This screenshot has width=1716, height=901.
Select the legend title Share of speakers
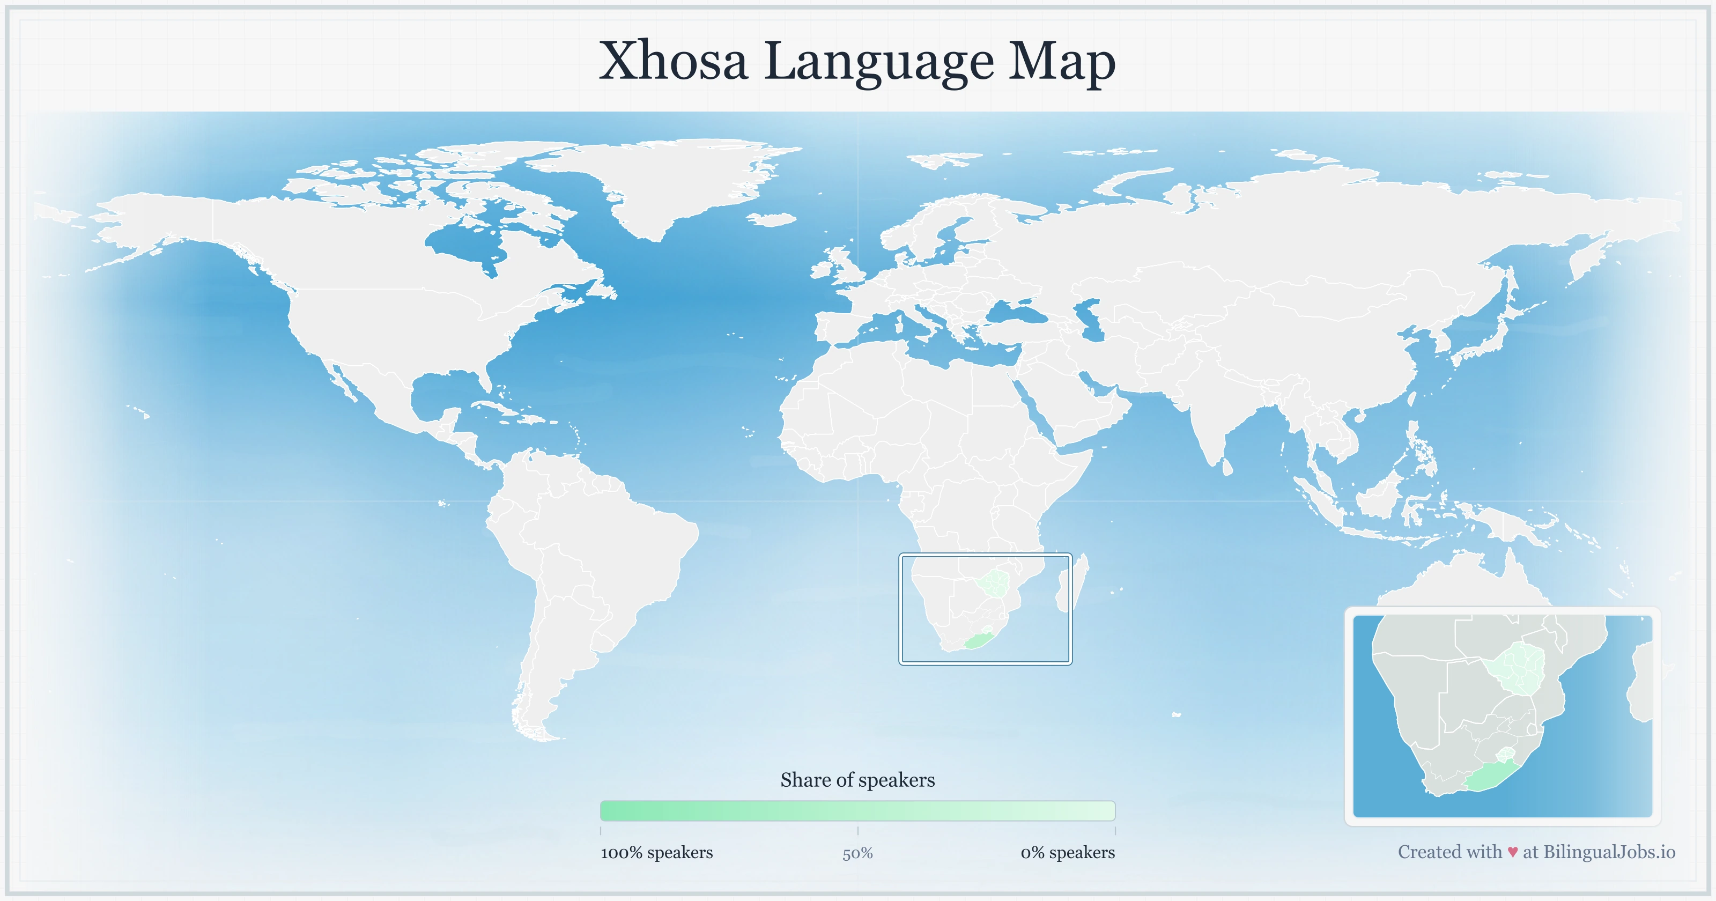(857, 780)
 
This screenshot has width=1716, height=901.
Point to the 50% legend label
(857, 853)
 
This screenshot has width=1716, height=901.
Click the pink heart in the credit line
(1512, 852)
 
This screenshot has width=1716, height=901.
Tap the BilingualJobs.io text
(1609, 852)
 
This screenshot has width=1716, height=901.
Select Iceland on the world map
(772, 219)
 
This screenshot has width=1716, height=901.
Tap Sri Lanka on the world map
(1227, 467)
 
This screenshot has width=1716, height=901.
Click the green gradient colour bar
(857, 810)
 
